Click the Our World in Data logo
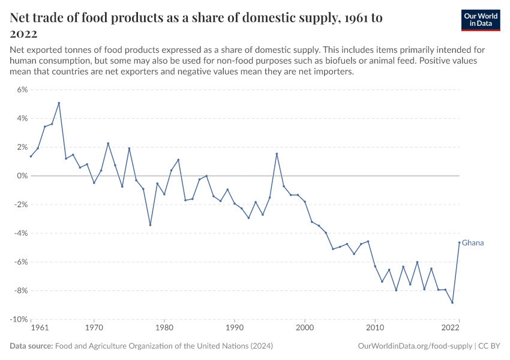coord(480,20)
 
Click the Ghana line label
coord(473,243)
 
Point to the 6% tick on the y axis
coord(22,89)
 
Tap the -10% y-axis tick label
coord(19,319)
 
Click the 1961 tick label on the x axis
coord(39,328)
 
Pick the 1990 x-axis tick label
coord(235,328)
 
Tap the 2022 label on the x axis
coord(451,328)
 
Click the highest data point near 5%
coord(59,103)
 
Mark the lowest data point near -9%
coord(452,302)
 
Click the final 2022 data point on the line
coord(459,242)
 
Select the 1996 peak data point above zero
coord(277,154)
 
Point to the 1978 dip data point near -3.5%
coord(150,225)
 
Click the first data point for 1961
coord(31,157)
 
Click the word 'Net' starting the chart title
coord(22,18)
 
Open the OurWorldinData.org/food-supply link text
coord(414,346)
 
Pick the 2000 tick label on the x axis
coord(305,328)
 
